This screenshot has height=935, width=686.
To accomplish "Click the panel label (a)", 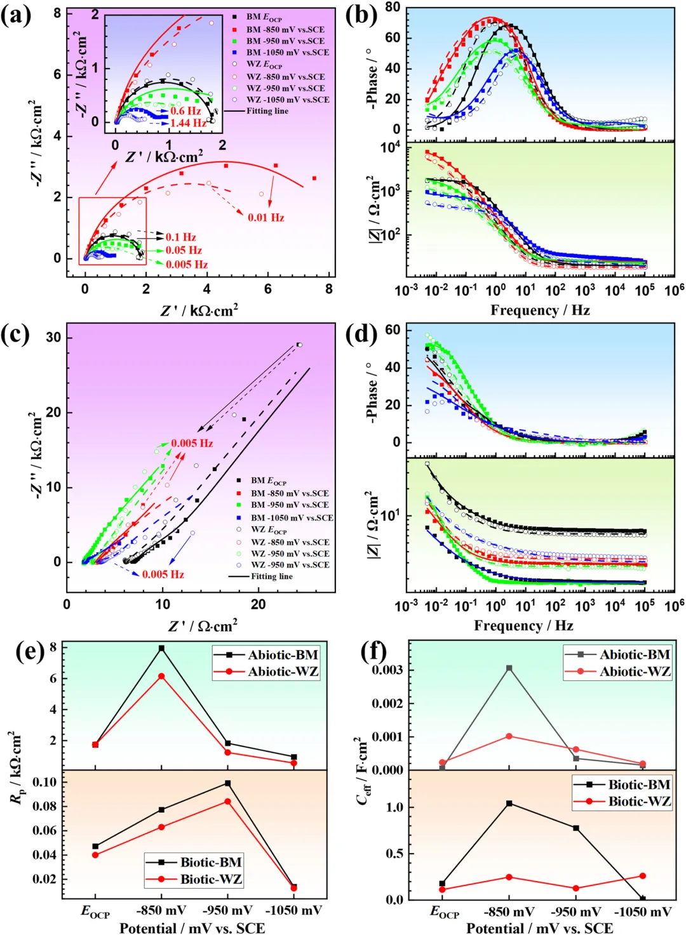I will tap(16, 15).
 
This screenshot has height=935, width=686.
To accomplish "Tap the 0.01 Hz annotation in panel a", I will tap(266, 217).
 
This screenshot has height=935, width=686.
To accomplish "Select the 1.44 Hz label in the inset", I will tap(188, 123).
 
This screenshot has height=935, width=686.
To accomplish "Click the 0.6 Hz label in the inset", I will tap(185, 111).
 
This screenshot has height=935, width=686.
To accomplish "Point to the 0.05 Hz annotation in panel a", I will tap(184, 250).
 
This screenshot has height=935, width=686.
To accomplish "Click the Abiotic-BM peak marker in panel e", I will tap(161, 648).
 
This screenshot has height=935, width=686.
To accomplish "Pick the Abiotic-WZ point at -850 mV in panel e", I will tap(161, 677).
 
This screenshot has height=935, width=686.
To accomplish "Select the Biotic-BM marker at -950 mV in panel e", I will tap(227, 783).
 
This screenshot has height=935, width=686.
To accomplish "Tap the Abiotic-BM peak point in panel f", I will tap(509, 668).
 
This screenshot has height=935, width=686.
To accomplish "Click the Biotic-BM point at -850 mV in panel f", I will tap(509, 804).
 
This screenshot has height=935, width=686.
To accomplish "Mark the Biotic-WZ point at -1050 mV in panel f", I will tap(643, 876).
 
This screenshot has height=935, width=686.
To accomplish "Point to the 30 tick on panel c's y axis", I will tap(53, 337).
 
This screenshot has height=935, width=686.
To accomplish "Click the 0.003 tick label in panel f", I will tap(387, 670).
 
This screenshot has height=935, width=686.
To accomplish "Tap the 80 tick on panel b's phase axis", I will tap(393, 7).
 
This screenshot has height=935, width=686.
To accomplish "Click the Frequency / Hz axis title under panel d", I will tap(523, 626).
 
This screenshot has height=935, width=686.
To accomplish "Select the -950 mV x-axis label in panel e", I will tap(227, 911).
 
